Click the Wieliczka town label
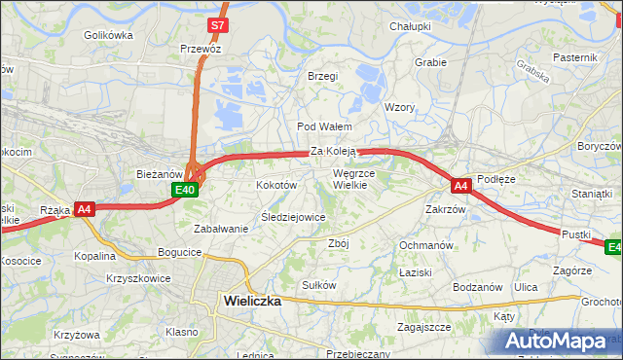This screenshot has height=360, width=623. tap(252, 302)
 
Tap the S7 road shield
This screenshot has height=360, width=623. tap(219, 25)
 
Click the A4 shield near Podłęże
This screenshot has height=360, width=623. tap(461, 184)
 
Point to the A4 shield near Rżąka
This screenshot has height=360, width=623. tap(85, 208)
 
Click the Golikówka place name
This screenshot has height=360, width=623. tap(108, 34)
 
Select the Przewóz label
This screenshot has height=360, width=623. tap(201, 49)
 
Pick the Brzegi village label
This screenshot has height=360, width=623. tap(322, 76)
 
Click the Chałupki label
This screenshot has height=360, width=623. tap(410, 26)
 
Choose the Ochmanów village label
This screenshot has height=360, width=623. tap(426, 245)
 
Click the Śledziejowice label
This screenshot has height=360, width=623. tap(293, 217)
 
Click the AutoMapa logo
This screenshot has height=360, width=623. tap(561, 342)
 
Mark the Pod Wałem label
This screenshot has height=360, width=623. tap(323, 126)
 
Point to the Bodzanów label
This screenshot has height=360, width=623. tap(477, 287)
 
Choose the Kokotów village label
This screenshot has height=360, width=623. tap(275, 184)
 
